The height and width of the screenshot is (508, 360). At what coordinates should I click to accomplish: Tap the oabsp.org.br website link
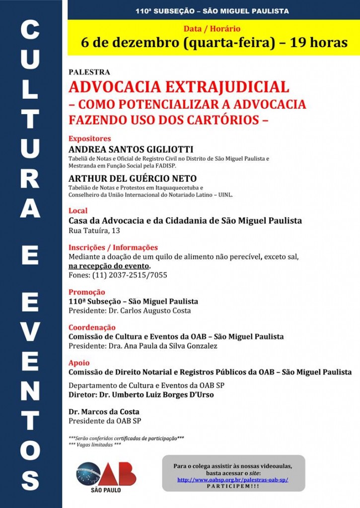point(233,480)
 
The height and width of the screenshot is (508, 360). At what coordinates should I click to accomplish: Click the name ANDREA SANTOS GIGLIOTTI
point(131,149)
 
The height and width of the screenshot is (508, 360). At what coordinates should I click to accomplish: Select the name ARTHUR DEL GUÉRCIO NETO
point(133,179)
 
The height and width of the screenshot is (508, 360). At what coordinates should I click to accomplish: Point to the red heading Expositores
point(90,139)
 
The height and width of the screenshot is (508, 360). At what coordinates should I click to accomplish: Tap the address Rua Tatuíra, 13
point(94,231)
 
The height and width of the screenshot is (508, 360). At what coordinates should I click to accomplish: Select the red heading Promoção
point(87,292)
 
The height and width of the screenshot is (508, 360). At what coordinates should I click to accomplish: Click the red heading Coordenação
point(92,327)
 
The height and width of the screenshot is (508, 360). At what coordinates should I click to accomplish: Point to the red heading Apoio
point(79,363)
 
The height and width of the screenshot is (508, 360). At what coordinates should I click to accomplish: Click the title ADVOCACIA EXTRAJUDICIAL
point(179,87)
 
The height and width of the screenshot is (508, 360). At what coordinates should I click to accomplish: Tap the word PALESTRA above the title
point(89,72)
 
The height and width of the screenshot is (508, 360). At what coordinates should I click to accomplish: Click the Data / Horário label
point(212,29)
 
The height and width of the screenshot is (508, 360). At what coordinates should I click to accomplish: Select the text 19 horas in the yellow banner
point(319,43)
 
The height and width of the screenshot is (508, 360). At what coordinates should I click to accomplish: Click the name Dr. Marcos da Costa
point(104,412)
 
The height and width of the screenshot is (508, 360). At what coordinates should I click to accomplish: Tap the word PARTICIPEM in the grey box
point(233,487)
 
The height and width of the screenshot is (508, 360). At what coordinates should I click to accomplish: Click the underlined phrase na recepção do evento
point(109,266)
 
